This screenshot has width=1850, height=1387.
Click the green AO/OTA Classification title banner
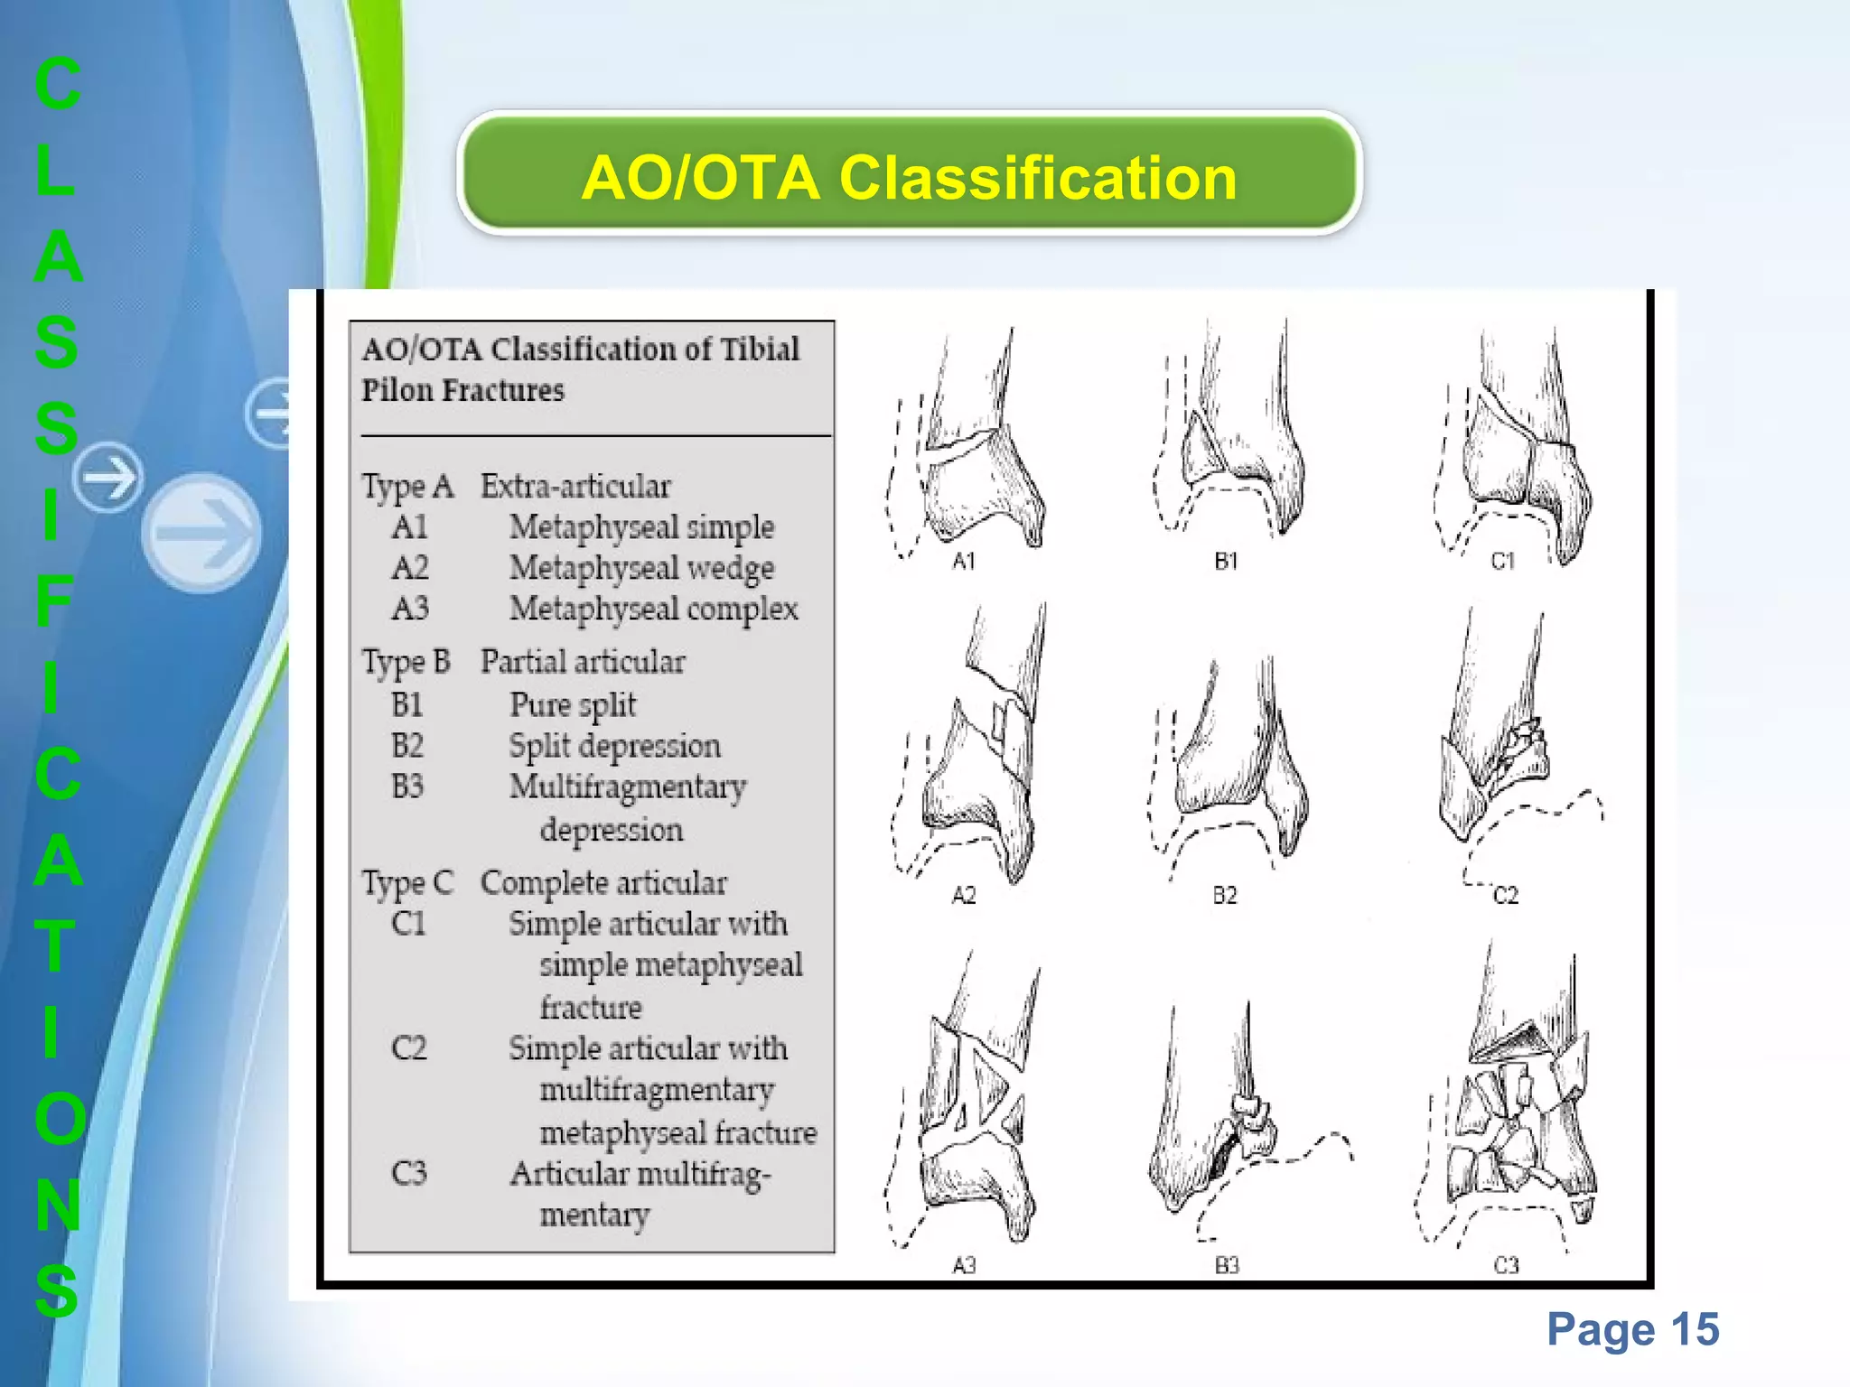coord(909,175)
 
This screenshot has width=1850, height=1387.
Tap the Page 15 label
coord(1632,1329)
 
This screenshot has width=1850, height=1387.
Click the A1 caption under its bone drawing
coord(964,562)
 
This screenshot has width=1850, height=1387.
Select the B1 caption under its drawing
coord(1226,562)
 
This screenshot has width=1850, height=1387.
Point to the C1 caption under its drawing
coord(1502,562)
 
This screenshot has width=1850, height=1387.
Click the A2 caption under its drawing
coord(964,895)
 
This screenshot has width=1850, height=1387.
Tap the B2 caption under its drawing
coord(1225,895)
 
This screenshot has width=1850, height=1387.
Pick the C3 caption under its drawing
coord(1506,1265)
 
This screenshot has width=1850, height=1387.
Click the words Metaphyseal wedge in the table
coord(641,568)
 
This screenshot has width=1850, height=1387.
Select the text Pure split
coord(573,704)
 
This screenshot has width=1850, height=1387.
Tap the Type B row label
coord(406,662)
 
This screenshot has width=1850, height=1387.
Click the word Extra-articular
coord(575,486)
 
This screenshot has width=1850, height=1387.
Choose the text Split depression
coord(614,746)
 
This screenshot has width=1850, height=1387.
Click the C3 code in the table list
coord(408,1173)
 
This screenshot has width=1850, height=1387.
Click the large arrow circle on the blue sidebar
coord(201,533)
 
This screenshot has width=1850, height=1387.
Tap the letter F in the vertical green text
coord(54,601)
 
